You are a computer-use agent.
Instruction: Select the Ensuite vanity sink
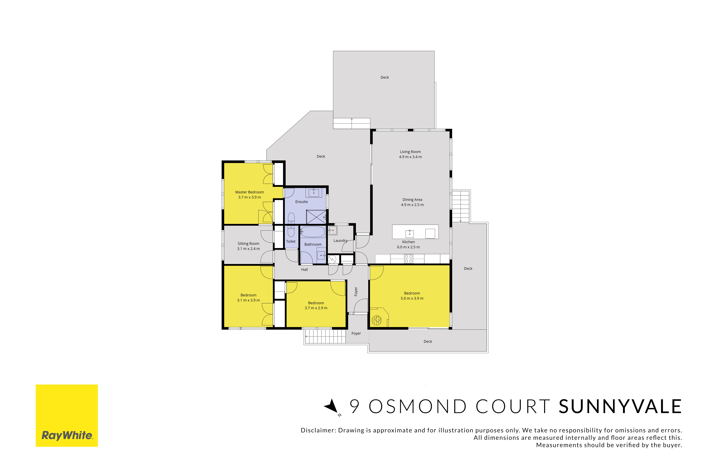click(x=314, y=192)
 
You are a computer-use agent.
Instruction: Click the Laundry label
click(x=341, y=241)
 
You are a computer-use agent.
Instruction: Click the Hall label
click(x=304, y=270)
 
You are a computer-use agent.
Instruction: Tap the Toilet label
click(x=291, y=242)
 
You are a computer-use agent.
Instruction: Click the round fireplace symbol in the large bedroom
click(x=376, y=320)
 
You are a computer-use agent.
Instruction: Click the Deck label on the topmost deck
click(x=385, y=77)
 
